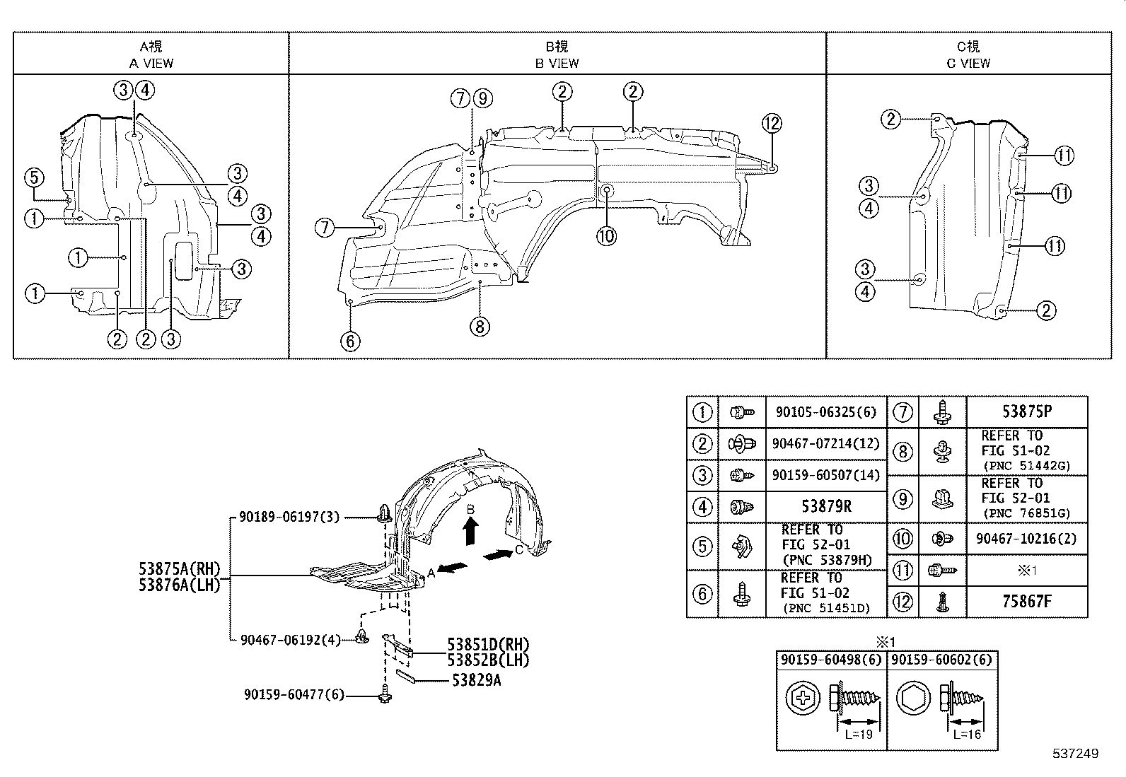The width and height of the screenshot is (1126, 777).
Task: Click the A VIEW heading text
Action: (x=151, y=63)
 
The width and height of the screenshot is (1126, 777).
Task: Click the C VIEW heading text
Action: (x=968, y=63)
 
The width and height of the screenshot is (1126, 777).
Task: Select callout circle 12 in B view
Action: (x=772, y=123)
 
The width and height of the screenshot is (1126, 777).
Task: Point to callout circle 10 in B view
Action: (x=606, y=235)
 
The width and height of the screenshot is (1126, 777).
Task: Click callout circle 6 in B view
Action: (x=349, y=341)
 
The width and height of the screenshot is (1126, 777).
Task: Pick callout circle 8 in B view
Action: (x=480, y=326)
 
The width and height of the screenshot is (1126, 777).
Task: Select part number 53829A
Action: (x=477, y=680)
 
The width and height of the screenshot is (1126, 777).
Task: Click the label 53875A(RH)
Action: (x=180, y=568)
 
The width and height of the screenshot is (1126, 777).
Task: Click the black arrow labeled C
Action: (x=499, y=555)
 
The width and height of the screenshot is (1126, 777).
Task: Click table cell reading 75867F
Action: (x=1026, y=602)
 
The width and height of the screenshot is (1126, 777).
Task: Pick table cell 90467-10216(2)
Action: (x=1026, y=539)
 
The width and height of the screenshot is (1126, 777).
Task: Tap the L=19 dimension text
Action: (x=859, y=734)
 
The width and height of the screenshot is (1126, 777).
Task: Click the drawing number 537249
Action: (x=1074, y=754)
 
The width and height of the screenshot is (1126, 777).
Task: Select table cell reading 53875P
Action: (x=1026, y=411)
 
